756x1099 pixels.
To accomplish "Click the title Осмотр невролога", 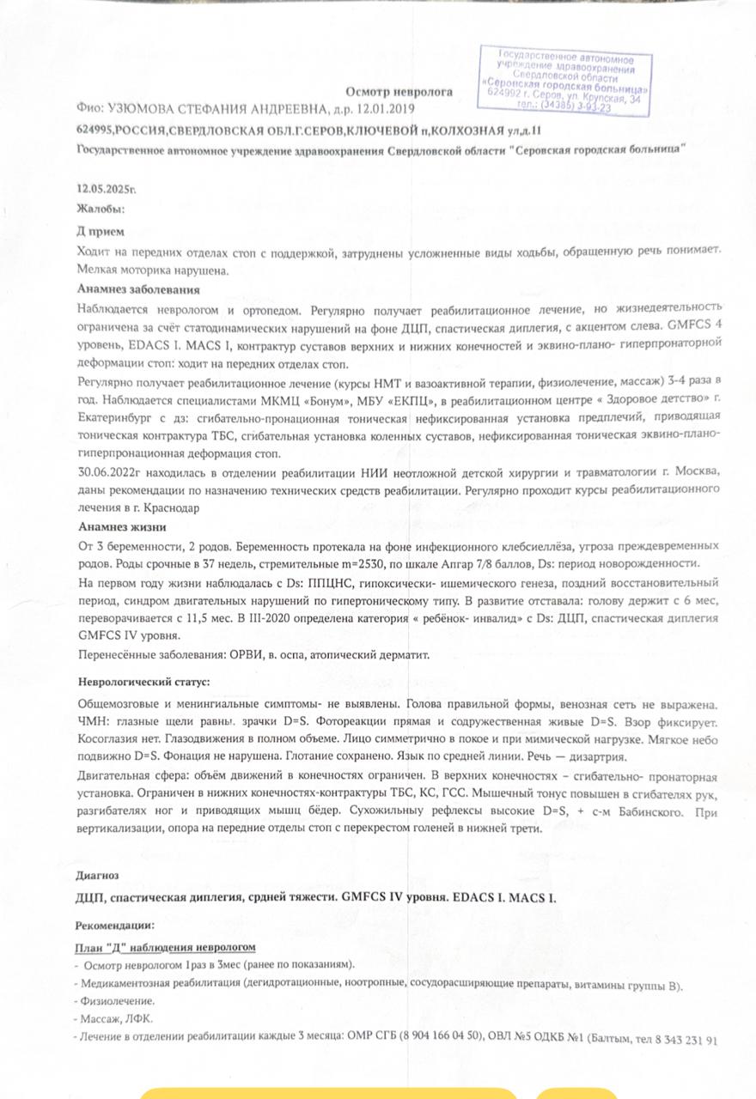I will point(399,91).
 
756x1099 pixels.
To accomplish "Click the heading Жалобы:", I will point(101,208).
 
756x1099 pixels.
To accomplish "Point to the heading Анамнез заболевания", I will point(138,289).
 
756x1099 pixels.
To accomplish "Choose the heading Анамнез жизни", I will point(121,526).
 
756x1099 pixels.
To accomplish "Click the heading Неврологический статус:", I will point(143,682).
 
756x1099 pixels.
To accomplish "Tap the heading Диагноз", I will point(97,875).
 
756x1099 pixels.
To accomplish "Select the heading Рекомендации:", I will point(114,926).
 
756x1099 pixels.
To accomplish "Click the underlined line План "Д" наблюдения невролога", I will point(165,946).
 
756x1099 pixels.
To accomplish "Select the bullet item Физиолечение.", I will point(118,1001).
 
